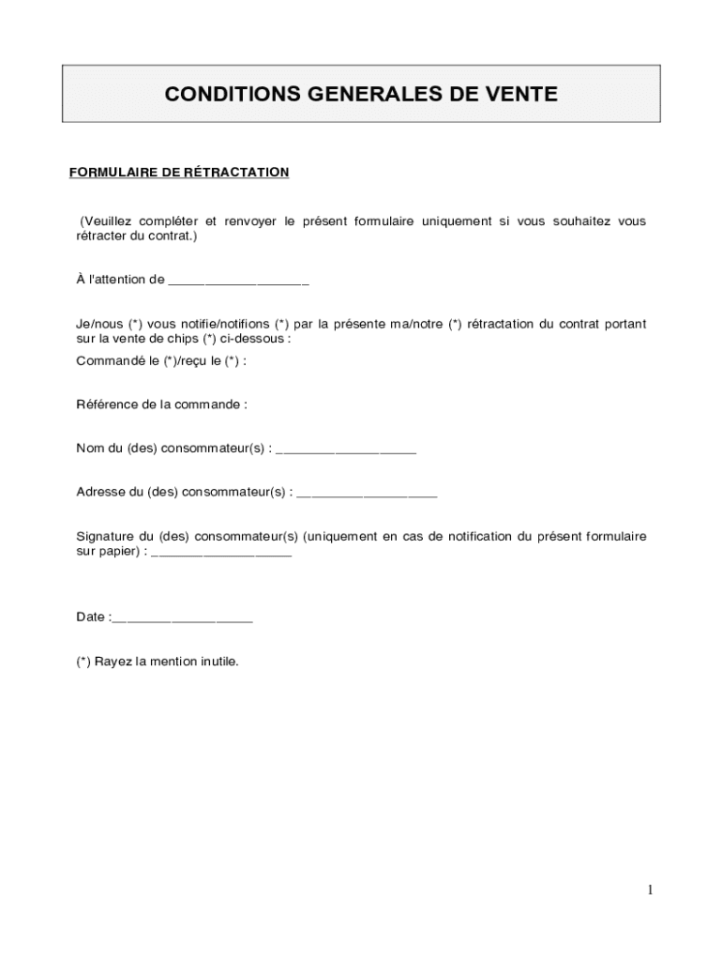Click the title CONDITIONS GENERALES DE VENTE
coord(361,94)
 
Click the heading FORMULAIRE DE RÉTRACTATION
coord(179,173)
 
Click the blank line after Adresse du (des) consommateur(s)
coord(367,492)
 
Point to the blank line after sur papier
coord(221,552)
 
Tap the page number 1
coord(649,891)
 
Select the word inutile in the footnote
coord(219,662)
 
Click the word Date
coord(91,618)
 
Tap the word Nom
coord(90,449)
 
